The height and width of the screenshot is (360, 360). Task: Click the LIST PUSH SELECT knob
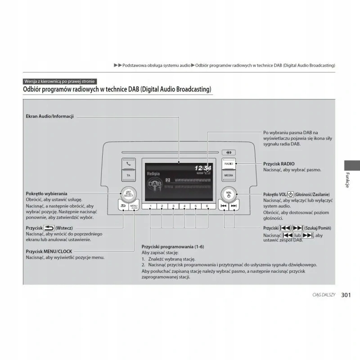pos(129,194)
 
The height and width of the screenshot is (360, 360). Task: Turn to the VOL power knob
pos(229,194)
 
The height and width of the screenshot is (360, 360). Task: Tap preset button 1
pos(149,206)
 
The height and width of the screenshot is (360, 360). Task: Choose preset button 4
pos(184,206)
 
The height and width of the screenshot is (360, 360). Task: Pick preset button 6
pos(207,206)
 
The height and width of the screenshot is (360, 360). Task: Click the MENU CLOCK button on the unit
pos(134,207)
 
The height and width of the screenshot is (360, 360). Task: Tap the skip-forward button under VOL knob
pos(234,206)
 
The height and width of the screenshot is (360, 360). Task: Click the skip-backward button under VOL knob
pos(223,206)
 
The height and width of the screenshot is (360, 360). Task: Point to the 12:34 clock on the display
pos(202,168)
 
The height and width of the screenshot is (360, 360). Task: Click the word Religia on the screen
pos(153,173)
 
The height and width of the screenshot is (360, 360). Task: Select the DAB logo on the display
pos(155,185)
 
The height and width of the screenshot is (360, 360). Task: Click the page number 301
pos(346,295)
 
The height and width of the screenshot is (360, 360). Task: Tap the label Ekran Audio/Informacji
pos(49,117)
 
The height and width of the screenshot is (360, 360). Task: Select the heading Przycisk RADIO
pos(279,164)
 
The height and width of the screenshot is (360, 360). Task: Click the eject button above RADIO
pos(229,153)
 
